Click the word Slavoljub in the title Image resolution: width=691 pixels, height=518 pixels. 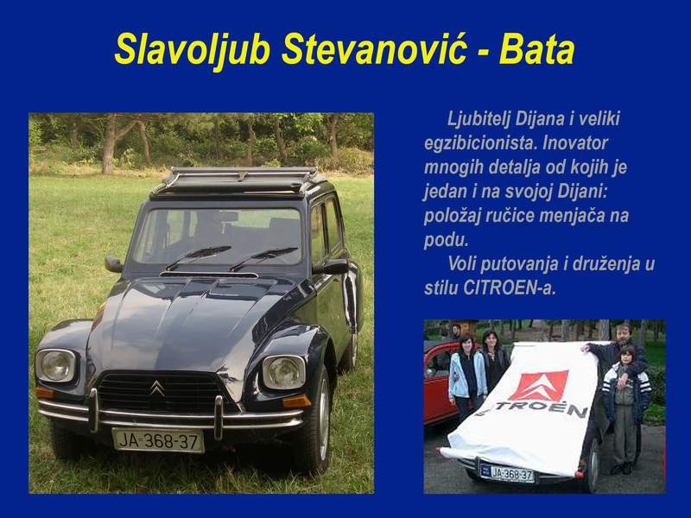(192, 50)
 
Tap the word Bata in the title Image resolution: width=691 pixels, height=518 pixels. (536, 49)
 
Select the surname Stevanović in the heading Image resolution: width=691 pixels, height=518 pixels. (374, 49)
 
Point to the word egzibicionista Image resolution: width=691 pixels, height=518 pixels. (480, 143)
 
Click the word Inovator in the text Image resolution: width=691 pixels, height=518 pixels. (575, 142)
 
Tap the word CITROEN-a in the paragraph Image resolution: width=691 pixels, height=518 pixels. (509, 288)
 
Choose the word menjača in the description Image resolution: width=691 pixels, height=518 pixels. (572, 217)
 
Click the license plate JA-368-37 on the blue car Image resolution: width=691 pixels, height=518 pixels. (158, 440)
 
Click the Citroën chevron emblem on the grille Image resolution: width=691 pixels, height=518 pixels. (157, 388)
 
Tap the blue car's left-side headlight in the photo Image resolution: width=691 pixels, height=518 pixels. (56, 365)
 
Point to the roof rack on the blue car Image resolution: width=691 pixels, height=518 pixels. (238, 180)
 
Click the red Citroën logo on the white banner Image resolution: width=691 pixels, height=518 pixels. (539, 386)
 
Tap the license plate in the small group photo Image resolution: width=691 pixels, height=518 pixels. (507, 473)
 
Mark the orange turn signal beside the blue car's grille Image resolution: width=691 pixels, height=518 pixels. (295, 401)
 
